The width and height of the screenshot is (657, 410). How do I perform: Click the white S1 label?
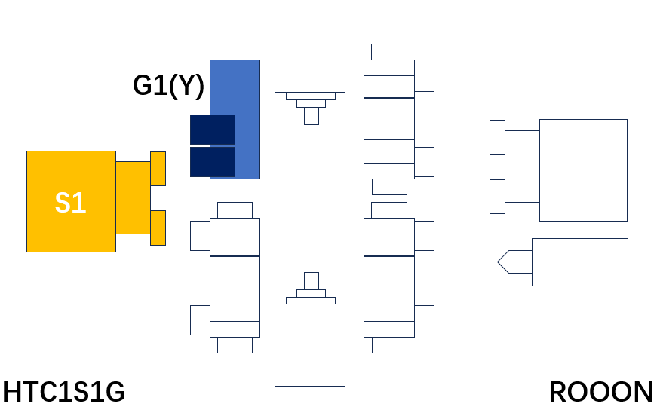(70, 203)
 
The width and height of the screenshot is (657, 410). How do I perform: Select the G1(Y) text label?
(168, 85)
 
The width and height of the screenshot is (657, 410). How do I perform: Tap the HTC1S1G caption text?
(63, 392)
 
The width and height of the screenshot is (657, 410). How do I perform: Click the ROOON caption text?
(601, 392)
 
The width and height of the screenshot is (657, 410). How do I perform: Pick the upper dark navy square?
(213, 130)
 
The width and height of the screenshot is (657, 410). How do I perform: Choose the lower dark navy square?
(213, 161)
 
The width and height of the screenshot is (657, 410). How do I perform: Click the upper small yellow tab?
(158, 169)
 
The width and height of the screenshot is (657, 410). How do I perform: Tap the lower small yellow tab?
(158, 228)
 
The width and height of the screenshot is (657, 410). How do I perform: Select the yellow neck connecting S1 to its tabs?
(134, 197)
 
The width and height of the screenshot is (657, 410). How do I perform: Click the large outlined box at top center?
(310, 51)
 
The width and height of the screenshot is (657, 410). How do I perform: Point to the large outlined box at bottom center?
(310, 345)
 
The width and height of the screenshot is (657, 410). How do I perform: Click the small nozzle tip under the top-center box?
(312, 116)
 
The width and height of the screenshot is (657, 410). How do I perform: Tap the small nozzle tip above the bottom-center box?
(312, 281)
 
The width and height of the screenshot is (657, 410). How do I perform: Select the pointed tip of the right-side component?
(498, 262)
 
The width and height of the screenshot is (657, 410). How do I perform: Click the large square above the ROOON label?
(583, 170)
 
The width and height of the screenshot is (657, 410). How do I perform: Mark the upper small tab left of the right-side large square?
(497, 137)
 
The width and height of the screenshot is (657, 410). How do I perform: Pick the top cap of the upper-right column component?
(389, 52)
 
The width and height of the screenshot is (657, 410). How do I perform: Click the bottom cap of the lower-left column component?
(235, 345)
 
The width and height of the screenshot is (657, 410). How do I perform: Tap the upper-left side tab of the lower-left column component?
(201, 236)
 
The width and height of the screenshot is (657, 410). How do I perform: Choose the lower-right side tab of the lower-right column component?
(425, 320)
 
